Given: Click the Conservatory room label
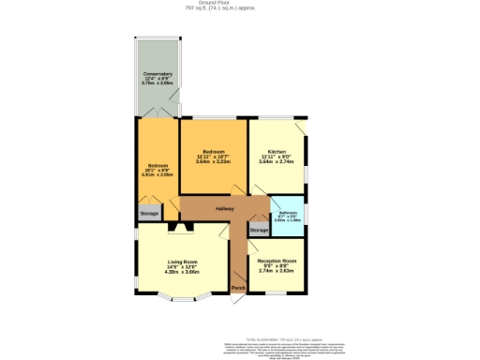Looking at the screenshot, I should point(157,74).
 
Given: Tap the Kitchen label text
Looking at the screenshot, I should point(277,151).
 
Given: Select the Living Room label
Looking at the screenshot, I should point(183,262).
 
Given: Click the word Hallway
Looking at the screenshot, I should point(225,208).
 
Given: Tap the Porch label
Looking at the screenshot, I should point(238,287).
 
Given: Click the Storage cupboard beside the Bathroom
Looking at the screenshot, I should point(259,229).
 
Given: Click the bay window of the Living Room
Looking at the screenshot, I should point(183,303).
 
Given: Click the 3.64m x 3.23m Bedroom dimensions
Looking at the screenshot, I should point(213,161).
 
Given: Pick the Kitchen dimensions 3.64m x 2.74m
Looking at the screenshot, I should point(277,161).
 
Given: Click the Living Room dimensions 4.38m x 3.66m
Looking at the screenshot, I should point(183,272).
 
